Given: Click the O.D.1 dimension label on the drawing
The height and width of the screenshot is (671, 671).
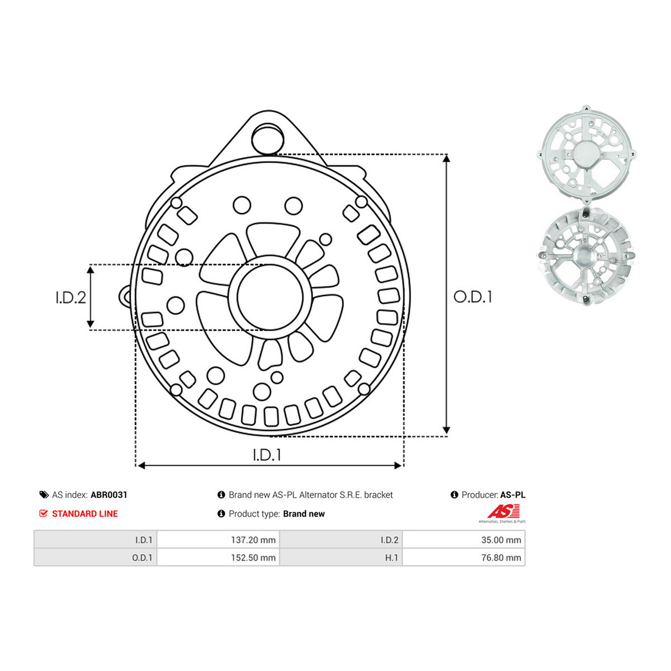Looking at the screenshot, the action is coord(472,297).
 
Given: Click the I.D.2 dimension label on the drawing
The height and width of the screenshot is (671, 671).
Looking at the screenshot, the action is coord(70,297).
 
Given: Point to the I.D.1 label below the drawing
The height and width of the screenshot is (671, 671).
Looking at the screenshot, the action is coord(267,455).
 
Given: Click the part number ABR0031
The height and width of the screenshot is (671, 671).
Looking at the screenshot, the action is coord(109,495).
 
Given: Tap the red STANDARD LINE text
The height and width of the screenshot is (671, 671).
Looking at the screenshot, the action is coord(85,514).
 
